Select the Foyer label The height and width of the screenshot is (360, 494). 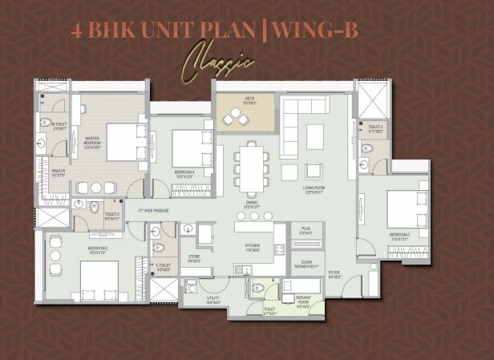coord(334,275)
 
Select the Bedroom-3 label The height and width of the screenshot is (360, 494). coord(399,237)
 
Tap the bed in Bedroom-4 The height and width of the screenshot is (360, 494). coord(192,145)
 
